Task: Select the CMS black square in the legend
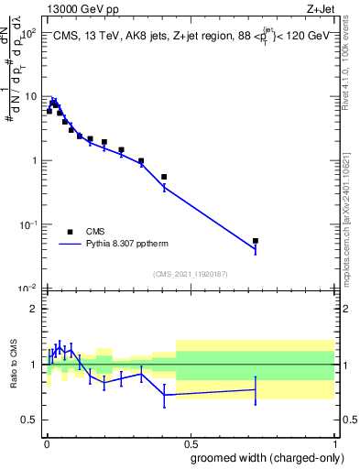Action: [x=70, y=232]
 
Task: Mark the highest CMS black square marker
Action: [x=54, y=104]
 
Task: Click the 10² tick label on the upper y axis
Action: [x=29, y=32]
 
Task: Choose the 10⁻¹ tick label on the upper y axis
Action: [x=29, y=224]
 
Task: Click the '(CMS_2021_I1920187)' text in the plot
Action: [x=191, y=274]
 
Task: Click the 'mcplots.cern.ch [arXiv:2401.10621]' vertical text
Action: [x=345, y=211]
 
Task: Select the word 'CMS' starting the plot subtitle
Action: [x=63, y=35]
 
